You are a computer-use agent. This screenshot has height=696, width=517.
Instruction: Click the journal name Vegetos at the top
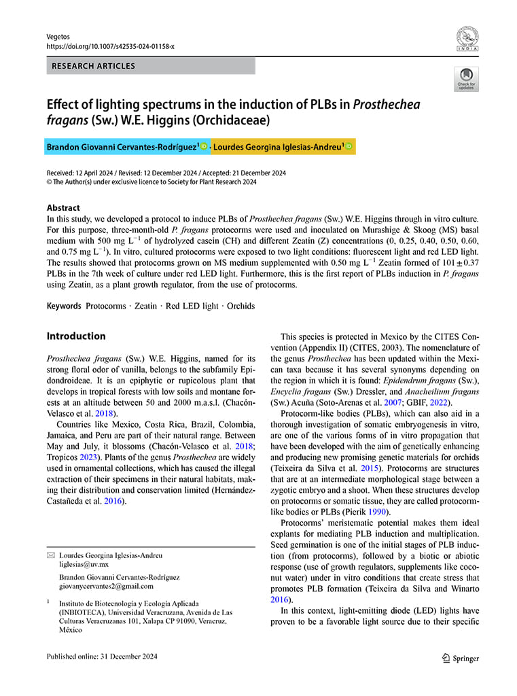[58, 36]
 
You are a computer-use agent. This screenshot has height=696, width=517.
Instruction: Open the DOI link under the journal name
[110, 46]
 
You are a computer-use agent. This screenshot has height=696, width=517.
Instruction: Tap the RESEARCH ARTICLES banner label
[93, 66]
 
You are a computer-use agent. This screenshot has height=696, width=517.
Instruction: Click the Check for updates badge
[466, 79]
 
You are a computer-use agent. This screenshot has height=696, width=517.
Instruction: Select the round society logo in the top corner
[467, 39]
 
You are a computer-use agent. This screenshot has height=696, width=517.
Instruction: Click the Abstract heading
[63, 208]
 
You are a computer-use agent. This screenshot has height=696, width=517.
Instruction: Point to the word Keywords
[65, 306]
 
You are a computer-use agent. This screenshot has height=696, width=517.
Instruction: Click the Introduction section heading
[76, 336]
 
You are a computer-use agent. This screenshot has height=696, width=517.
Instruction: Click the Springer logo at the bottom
[460, 657]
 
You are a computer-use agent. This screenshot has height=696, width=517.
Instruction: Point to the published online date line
[102, 657]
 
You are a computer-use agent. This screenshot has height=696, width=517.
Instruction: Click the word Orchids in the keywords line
[241, 306]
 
